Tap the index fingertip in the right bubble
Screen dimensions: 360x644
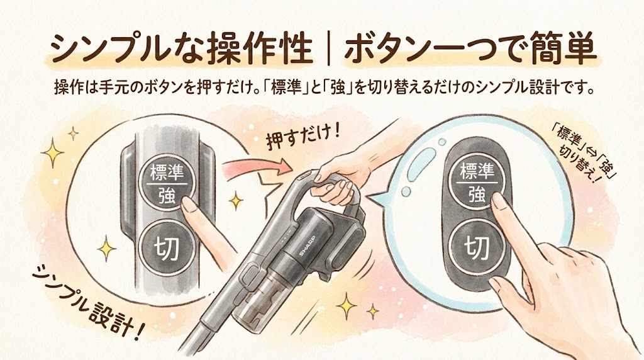tap(499, 203)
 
